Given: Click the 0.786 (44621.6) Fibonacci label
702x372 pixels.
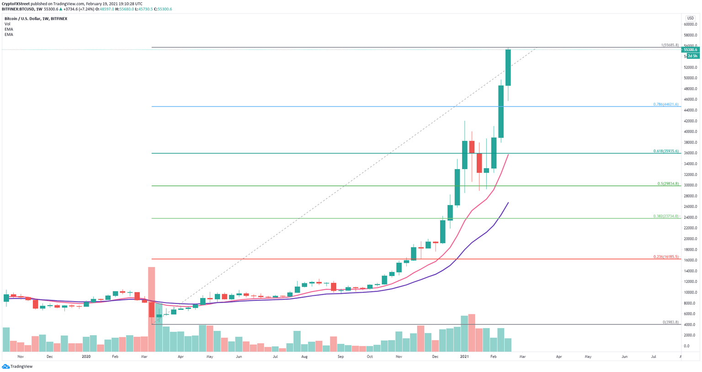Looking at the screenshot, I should click(x=666, y=104).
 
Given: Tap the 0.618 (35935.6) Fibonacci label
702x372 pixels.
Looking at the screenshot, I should click(x=666, y=151).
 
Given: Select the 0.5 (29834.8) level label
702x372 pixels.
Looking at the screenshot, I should click(x=668, y=184).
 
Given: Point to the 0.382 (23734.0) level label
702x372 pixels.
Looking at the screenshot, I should click(x=666, y=216).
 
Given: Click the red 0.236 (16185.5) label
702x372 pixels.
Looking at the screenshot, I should click(x=666, y=257).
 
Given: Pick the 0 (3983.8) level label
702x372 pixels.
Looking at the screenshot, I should click(x=670, y=322).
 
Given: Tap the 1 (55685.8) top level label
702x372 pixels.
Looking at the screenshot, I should click(x=670, y=45).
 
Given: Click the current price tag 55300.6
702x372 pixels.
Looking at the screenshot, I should click(x=690, y=50).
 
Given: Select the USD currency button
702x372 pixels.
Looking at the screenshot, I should click(x=690, y=18).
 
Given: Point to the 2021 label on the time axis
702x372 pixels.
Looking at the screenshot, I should click(x=464, y=356).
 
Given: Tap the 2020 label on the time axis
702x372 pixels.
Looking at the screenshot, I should click(x=86, y=356).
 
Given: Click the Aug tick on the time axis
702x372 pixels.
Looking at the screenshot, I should click(x=304, y=356).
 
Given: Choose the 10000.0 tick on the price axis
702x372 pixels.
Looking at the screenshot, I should click(x=690, y=292).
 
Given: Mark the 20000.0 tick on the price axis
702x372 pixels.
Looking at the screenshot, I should click(x=690, y=239).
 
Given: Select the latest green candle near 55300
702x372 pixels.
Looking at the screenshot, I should click(x=508, y=67).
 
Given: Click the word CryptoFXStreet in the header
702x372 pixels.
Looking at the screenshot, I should click(x=16, y=4).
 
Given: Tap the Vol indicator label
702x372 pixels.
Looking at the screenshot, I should click(x=7, y=24).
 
